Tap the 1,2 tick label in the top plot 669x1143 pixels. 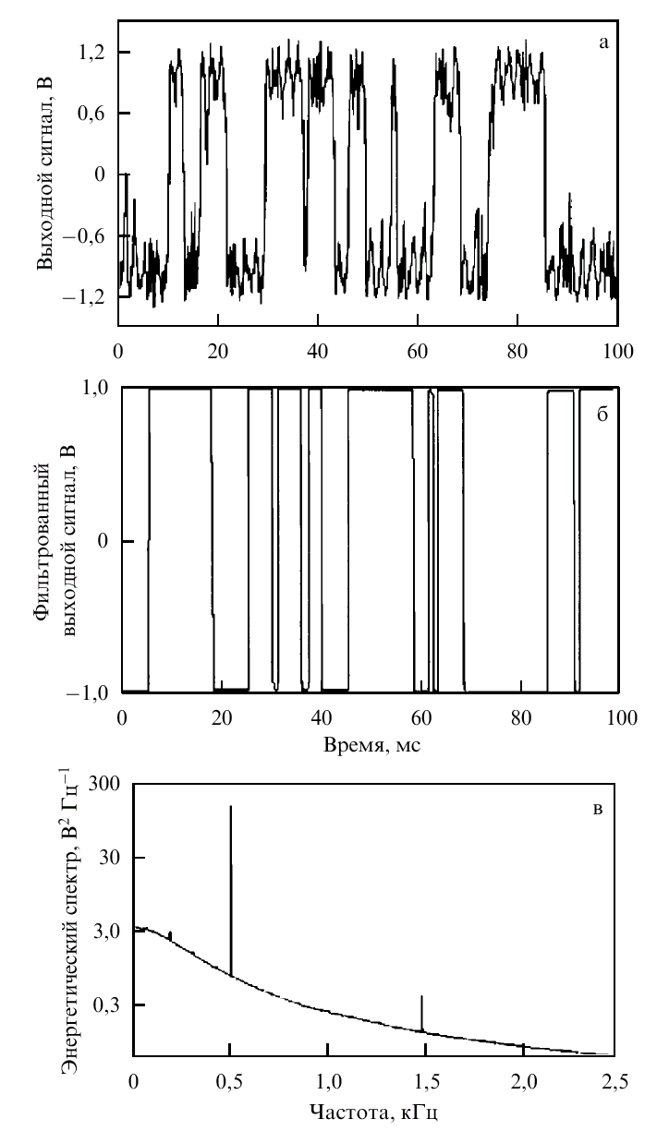92,53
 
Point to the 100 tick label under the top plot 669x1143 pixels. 617,352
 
